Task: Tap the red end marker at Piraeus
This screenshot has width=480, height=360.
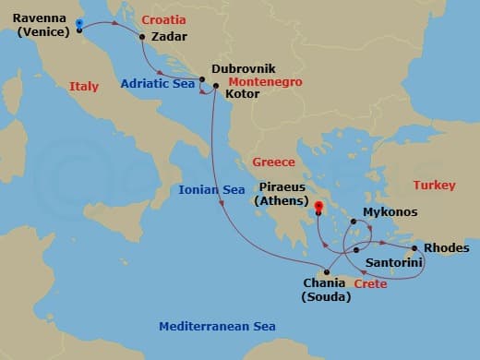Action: (x=317, y=207)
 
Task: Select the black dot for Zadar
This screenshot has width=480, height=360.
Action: (x=142, y=37)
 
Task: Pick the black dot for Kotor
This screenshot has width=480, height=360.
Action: (x=215, y=87)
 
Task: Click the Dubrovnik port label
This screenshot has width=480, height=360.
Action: (x=243, y=68)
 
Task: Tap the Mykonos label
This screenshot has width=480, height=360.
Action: (x=390, y=212)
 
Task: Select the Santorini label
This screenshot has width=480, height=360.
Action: (x=394, y=263)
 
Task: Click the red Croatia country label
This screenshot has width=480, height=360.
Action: (x=163, y=18)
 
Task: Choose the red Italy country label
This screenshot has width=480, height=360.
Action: (x=84, y=87)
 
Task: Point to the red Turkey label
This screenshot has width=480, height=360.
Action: (x=434, y=186)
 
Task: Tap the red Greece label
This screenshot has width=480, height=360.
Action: (x=273, y=163)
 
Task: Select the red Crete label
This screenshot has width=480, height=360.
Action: (x=370, y=284)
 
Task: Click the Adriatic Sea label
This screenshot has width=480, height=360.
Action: (x=158, y=83)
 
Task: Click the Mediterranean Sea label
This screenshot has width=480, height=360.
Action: (x=217, y=327)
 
